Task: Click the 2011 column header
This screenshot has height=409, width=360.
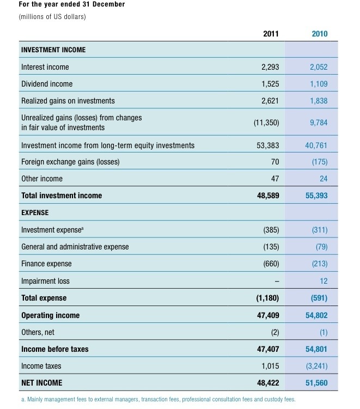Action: [x=270, y=34]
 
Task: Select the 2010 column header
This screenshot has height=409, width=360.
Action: [x=319, y=34]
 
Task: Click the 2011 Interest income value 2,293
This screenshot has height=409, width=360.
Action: [x=270, y=67]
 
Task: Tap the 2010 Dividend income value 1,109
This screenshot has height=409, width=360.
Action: [x=319, y=84]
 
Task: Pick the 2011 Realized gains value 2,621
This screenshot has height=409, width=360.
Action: [x=270, y=101]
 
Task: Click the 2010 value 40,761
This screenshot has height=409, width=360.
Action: [x=316, y=145]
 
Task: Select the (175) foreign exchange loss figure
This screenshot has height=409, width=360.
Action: [x=320, y=162]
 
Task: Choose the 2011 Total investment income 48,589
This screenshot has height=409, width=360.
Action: [x=268, y=195]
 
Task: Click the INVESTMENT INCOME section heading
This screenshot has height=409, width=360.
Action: [x=53, y=50]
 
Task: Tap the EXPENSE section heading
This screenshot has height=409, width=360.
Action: [x=35, y=212]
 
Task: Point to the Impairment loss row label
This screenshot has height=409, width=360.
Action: [x=45, y=281]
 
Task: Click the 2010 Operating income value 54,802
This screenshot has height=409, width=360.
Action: [x=316, y=315]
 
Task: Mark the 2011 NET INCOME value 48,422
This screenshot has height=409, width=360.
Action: [x=268, y=383]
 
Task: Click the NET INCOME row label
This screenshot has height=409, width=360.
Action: [x=41, y=383]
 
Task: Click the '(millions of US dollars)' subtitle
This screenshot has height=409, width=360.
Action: [x=52, y=16]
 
